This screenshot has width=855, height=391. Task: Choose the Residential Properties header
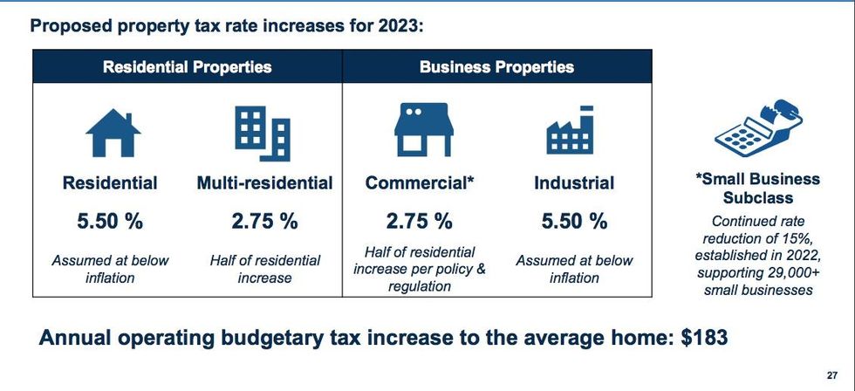pos(188,66)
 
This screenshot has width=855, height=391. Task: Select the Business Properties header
pos(496,66)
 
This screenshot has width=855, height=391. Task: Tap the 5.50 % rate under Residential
pos(110,222)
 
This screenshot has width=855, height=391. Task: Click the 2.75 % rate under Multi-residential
pos(264,222)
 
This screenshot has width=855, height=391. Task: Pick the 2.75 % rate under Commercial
pos(420,222)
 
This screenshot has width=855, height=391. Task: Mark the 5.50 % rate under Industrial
pos(574,222)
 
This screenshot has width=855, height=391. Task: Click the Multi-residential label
pos(264,183)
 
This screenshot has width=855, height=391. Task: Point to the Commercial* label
pos(420,183)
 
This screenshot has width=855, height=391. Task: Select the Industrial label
pos(574,183)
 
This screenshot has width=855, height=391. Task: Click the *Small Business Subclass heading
pos(758,189)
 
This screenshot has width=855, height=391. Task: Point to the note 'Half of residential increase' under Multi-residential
pos(264,269)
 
